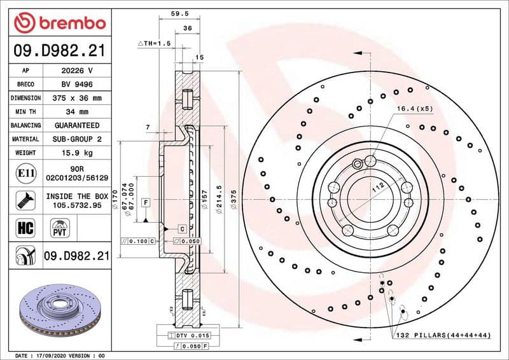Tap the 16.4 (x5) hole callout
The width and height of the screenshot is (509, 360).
click(414, 109)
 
